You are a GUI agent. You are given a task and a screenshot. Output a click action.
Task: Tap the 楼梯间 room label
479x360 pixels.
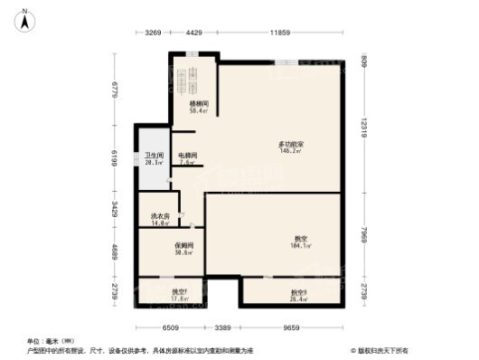(199, 104)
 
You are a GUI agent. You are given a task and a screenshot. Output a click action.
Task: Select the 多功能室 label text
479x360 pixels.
(289, 145)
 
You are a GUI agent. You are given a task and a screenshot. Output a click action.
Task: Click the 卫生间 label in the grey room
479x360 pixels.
(154, 156)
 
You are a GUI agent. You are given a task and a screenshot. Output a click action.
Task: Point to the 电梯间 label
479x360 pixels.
(187, 156)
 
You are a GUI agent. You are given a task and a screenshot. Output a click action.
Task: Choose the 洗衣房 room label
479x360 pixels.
(159, 217)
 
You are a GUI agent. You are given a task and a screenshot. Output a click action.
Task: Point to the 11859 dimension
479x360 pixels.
(279, 33)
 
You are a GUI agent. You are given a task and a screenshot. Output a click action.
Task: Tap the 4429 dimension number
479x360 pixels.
(193, 33)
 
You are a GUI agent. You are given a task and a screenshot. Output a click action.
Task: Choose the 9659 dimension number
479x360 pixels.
(291, 327)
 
